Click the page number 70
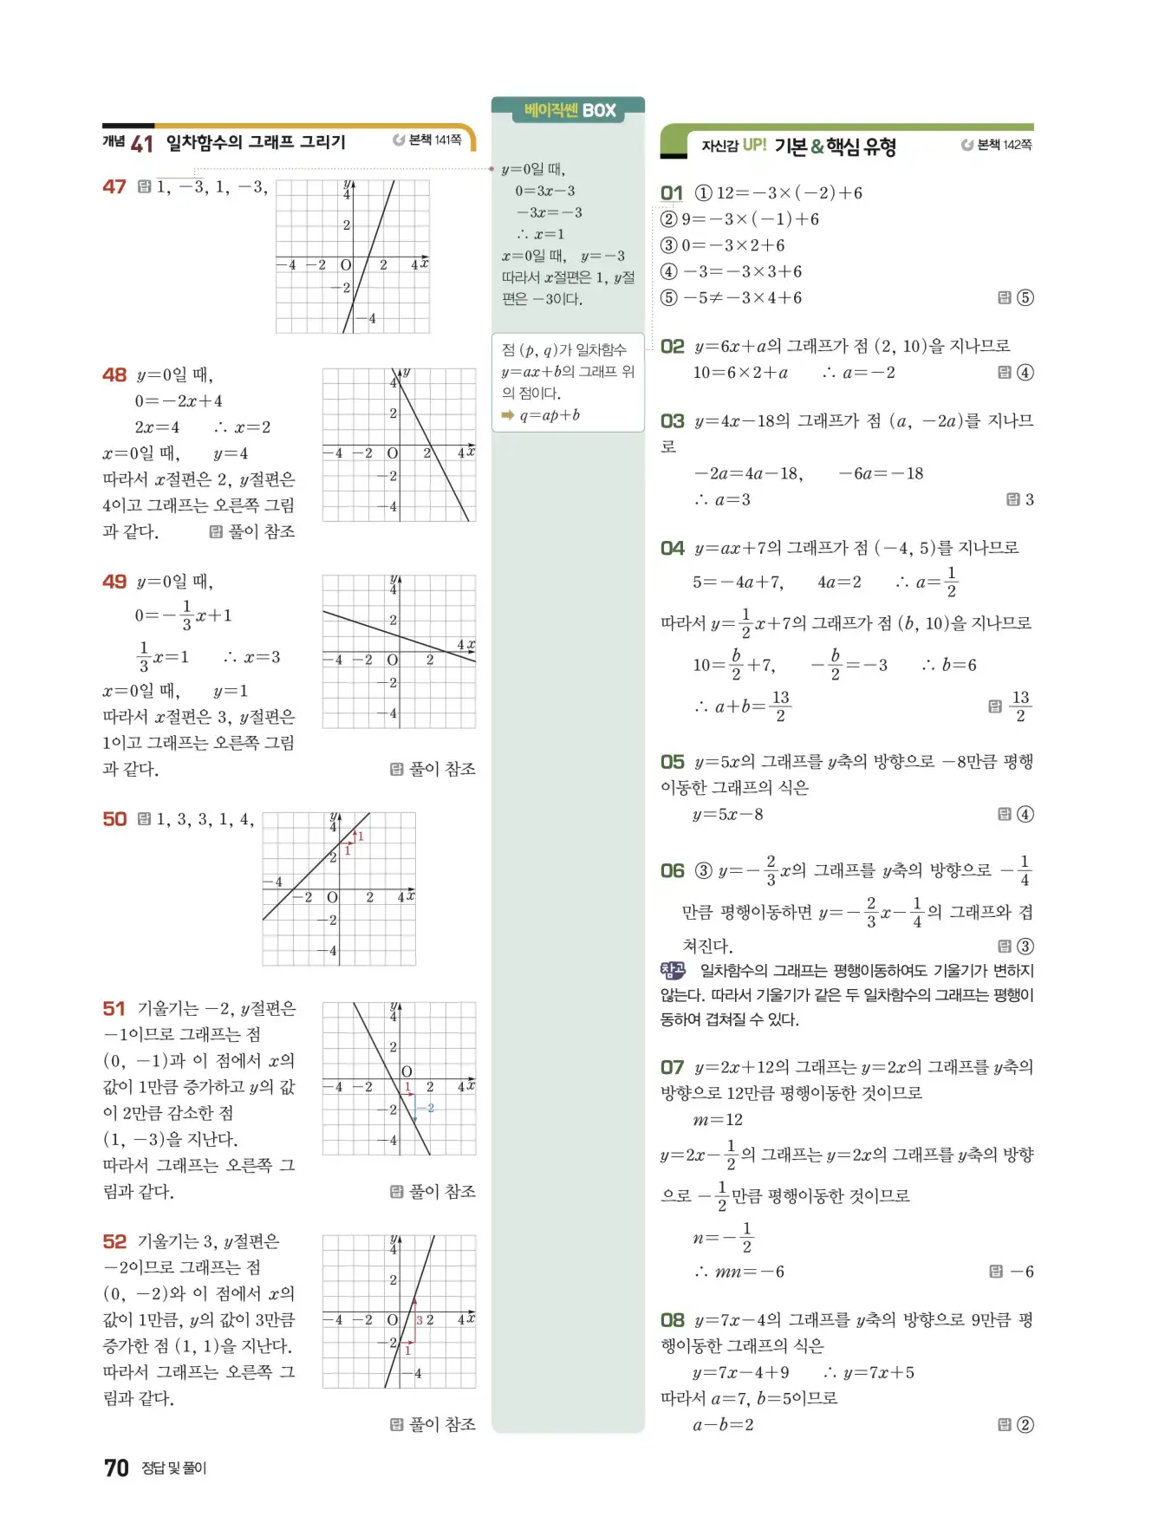[x=116, y=1468]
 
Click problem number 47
[x=114, y=187]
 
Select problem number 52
[x=114, y=1241]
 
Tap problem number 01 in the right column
[x=672, y=193]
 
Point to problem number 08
[x=672, y=1320]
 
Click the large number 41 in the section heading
[x=141, y=144]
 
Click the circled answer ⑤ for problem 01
[x=1025, y=298]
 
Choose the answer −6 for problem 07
[x=1022, y=1272]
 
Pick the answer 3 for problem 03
[x=1029, y=499]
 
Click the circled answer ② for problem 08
[x=1025, y=1424]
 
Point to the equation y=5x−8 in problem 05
[x=728, y=814]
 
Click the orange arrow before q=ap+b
[x=508, y=415]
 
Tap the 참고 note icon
[x=673, y=971]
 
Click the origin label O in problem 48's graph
[x=393, y=453]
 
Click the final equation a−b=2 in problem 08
[x=723, y=1424]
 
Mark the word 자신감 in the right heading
[x=719, y=146]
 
